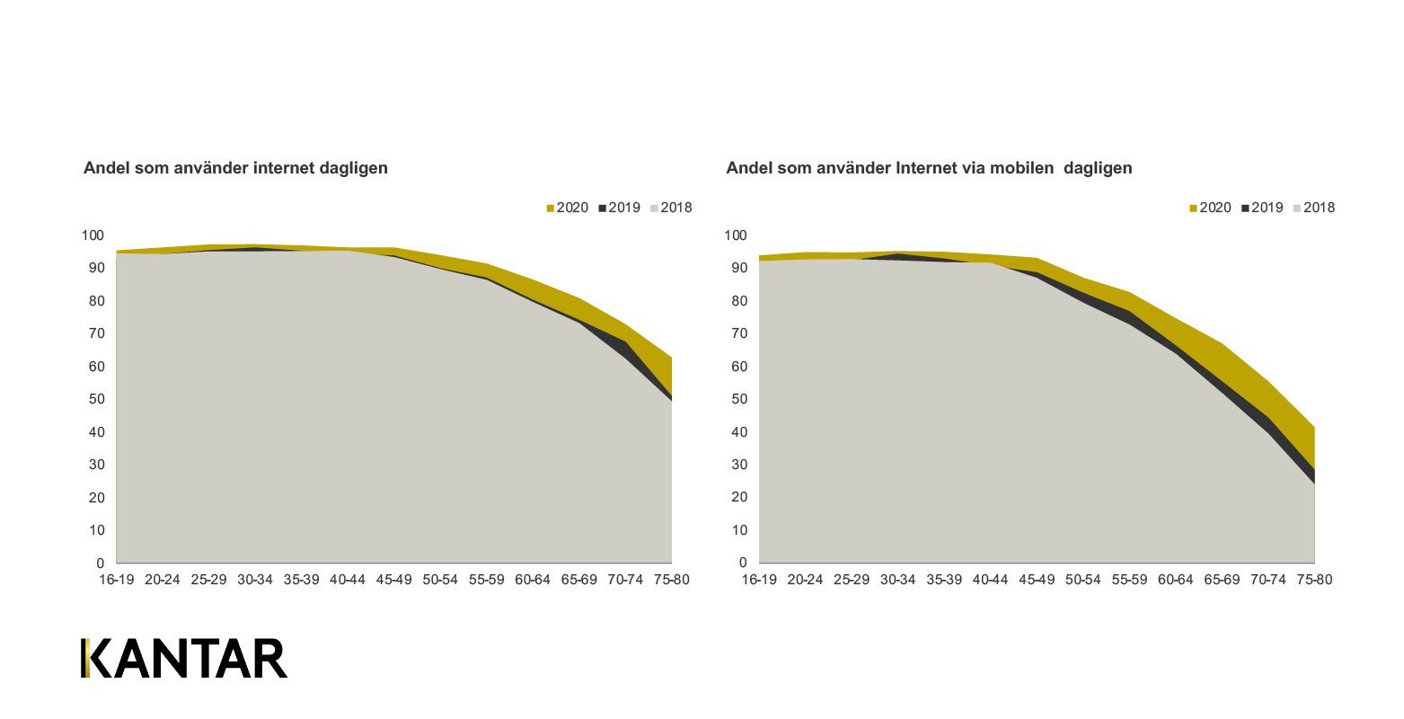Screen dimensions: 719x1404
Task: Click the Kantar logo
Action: (184, 659)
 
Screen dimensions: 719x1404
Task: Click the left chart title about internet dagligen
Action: (235, 168)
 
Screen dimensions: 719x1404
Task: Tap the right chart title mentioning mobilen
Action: (929, 168)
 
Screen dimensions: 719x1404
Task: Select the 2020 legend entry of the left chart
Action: (567, 208)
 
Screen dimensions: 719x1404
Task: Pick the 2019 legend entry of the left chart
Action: (619, 208)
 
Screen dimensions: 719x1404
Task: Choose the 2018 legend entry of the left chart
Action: (671, 208)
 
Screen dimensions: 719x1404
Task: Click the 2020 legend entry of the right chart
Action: (1210, 208)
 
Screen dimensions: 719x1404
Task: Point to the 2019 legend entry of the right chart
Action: (1262, 208)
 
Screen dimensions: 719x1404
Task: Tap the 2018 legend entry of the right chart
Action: (1314, 208)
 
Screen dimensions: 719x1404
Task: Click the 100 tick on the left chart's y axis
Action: (93, 235)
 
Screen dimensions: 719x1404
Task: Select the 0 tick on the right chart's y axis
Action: (743, 563)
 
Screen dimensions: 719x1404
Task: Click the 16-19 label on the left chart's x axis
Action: (116, 580)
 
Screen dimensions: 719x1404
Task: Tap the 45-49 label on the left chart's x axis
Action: (393, 580)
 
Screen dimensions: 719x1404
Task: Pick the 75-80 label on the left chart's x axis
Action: (671, 580)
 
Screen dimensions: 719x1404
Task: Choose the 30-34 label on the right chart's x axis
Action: (897, 580)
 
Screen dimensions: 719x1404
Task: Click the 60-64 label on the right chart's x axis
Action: (1175, 580)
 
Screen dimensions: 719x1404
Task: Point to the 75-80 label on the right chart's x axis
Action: (1314, 580)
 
